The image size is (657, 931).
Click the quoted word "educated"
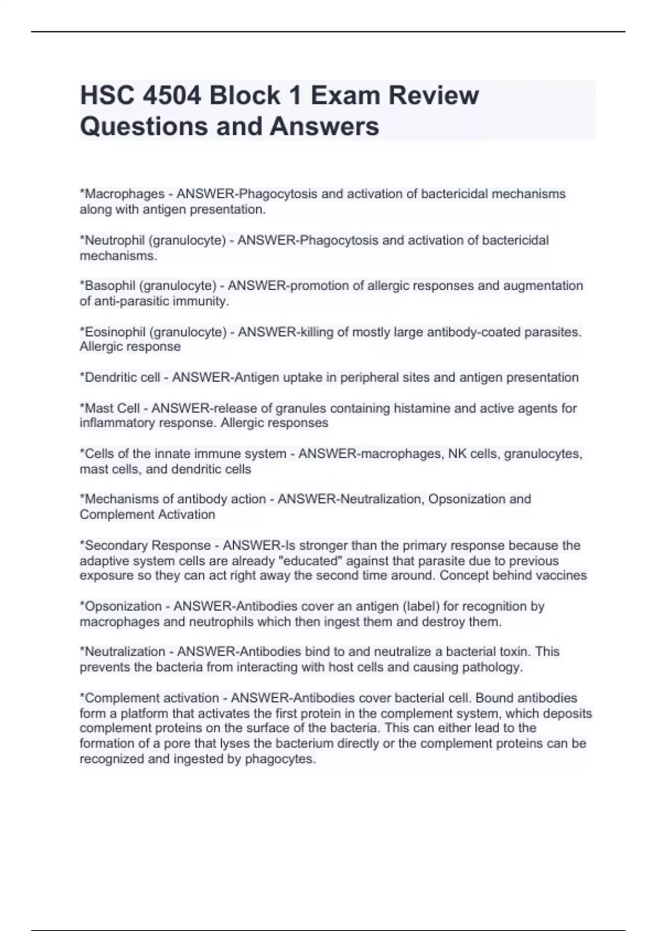311,561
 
